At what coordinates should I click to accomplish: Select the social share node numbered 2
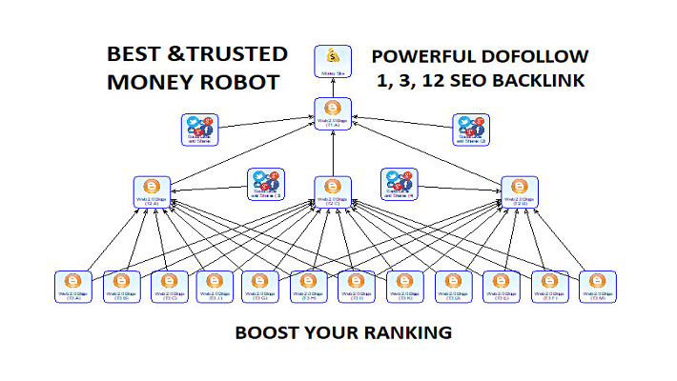pos(470,130)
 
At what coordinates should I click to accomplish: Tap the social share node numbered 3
pos(265,184)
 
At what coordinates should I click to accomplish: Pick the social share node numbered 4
pos(398,184)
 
